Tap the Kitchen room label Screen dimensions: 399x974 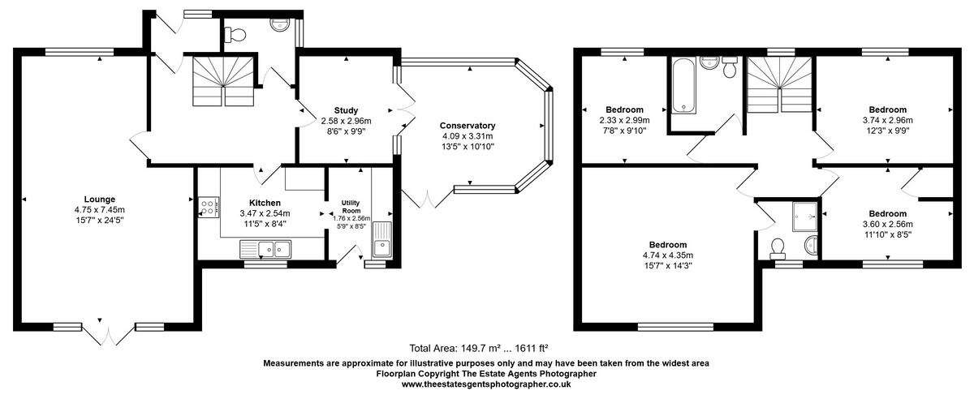coord(265,203)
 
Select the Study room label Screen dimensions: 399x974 coord(346,110)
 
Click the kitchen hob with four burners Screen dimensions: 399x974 coord(208,208)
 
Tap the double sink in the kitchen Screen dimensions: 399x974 coord(267,248)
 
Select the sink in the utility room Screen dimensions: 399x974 coord(380,240)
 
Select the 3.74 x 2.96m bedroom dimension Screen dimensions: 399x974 coord(887,120)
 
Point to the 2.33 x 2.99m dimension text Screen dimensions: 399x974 coord(624,120)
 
